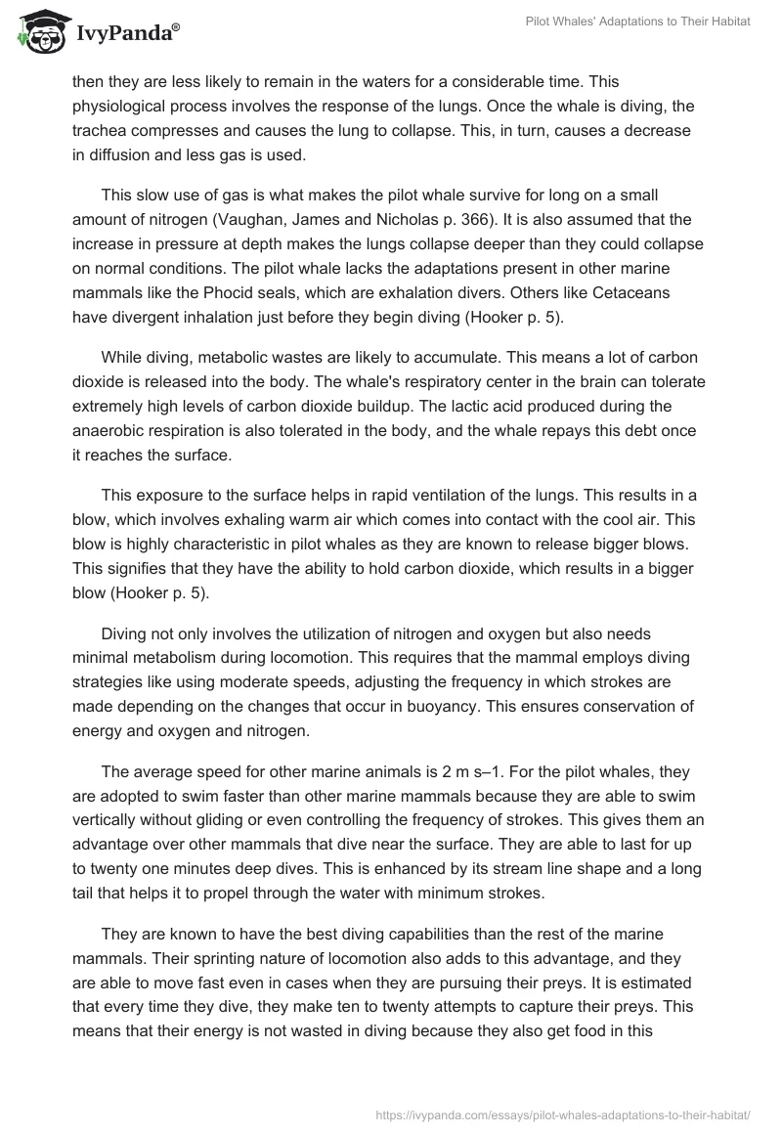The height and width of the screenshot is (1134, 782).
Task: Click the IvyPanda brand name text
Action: (122, 34)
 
